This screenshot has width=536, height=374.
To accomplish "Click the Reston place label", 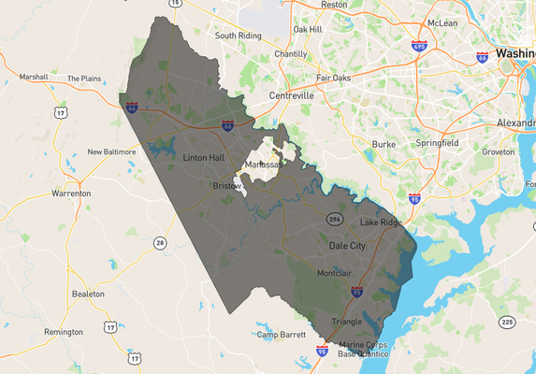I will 334,5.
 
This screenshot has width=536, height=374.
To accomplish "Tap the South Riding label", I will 238,36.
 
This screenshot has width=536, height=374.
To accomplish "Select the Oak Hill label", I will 308,30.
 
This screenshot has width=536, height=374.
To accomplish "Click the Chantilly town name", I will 290,54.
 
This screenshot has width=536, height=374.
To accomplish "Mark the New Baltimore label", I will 111,151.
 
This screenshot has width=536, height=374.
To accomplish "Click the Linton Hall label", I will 204,157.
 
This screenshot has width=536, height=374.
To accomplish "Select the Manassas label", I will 263,165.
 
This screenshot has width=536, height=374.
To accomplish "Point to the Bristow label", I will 226,186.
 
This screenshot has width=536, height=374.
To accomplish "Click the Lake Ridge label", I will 381,223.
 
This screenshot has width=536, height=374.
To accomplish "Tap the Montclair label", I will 334,273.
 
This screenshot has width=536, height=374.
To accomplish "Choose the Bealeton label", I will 87,294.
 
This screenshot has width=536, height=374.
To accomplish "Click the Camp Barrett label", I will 282,335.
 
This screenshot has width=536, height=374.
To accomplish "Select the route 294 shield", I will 335,219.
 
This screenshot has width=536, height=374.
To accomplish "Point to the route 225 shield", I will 507,322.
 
